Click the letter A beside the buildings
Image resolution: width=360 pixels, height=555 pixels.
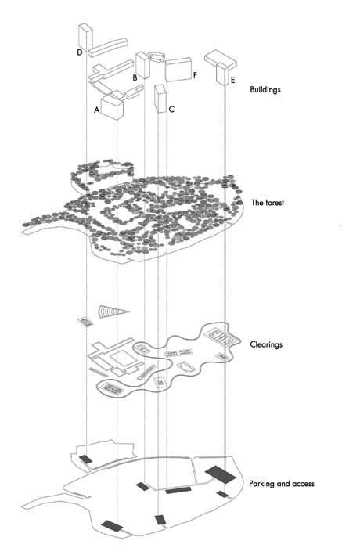(96, 110)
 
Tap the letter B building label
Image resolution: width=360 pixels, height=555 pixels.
(135, 77)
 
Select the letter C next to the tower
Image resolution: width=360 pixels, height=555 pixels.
(171, 109)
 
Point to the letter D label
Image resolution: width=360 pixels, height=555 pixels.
(80, 52)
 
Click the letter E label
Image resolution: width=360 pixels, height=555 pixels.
(232, 81)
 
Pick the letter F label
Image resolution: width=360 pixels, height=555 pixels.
(195, 75)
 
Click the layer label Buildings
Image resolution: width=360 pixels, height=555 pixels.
(265, 89)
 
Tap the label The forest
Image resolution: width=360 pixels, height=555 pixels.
(268, 203)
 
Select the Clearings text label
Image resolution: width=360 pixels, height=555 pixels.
(266, 344)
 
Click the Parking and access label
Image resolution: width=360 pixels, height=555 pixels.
(282, 484)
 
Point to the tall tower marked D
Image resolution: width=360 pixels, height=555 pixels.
(85, 37)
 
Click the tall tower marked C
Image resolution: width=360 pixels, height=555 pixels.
(160, 99)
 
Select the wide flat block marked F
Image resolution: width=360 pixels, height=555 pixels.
(178, 70)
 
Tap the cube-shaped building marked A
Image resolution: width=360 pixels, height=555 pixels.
(112, 106)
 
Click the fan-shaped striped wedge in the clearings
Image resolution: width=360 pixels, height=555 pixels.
(113, 312)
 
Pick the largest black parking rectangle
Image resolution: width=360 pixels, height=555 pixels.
(220, 474)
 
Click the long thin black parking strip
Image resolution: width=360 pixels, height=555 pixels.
(178, 490)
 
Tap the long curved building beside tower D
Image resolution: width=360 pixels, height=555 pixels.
(108, 47)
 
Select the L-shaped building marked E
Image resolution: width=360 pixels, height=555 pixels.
(221, 67)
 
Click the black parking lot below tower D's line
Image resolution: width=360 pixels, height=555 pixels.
(85, 459)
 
